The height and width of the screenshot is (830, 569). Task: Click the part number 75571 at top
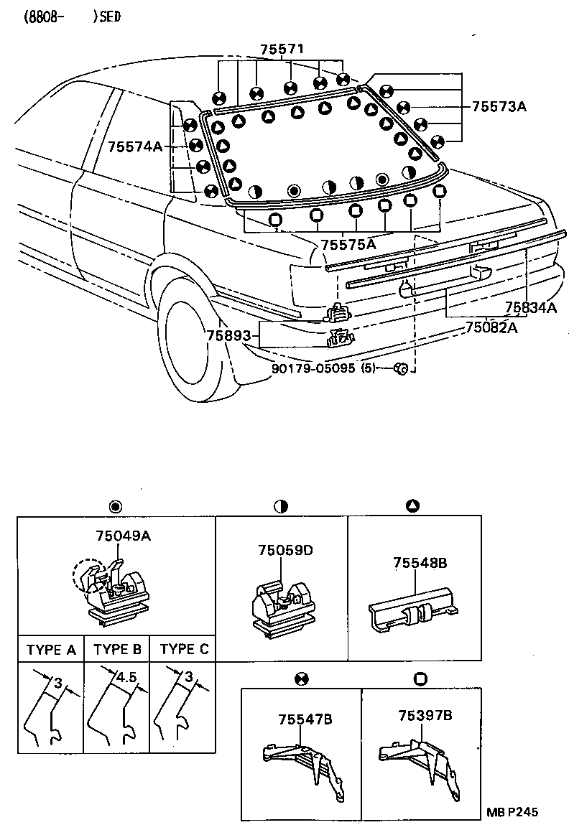click(x=282, y=49)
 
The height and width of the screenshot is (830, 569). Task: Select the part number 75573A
click(x=499, y=107)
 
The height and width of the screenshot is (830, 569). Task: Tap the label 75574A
click(x=135, y=146)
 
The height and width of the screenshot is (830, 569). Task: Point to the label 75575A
click(x=348, y=244)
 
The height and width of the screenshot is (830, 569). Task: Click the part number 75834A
click(x=531, y=308)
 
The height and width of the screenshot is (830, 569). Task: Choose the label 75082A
click(x=491, y=326)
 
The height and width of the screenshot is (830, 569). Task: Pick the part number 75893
click(x=228, y=335)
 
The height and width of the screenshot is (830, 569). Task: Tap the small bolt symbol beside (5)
click(x=401, y=368)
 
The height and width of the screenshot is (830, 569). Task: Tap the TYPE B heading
click(x=116, y=650)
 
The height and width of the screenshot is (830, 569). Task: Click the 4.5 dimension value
click(x=126, y=676)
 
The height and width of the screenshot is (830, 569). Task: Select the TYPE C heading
click(x=183, y=650)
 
